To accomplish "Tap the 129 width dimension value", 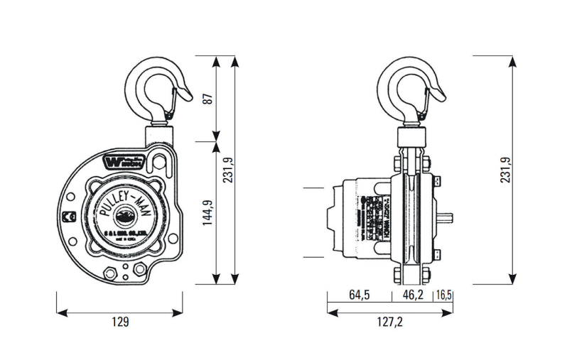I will point(121,322).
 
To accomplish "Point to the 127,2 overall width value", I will point(389,322).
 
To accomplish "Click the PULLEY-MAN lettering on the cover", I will point(126,193).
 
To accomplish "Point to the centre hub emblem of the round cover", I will point(126,215).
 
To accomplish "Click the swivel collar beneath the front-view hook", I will point(158,133).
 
